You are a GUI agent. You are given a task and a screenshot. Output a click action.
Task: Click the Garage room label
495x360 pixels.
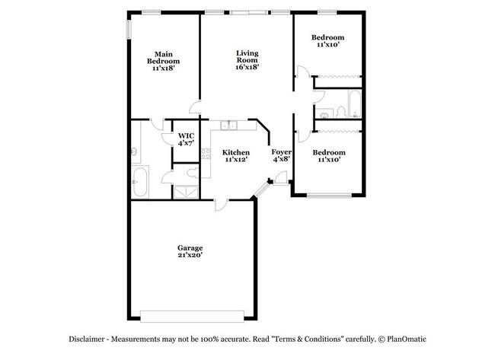[x=190, y=248]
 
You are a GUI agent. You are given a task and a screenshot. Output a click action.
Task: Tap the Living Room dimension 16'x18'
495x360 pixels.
[x=247, y=67]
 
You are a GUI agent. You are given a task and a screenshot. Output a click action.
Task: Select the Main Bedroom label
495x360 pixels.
[x=163, y=58]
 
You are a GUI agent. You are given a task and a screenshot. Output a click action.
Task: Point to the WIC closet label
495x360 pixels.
[x=186, y=135]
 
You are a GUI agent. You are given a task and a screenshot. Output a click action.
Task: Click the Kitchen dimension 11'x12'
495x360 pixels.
[x=236, y=160]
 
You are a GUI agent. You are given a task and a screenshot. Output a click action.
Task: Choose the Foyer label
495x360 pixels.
[x=281, y=152]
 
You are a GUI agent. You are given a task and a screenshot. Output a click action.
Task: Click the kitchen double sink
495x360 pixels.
[x=228, y=126]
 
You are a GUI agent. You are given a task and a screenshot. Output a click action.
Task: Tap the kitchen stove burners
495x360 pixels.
[x=206, y=154]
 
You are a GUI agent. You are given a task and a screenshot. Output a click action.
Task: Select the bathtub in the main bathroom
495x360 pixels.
[x=139, y=182]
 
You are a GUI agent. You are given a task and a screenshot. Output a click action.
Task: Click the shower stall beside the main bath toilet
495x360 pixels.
[x=187, y=192]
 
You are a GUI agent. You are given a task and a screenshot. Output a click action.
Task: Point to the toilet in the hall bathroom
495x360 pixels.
[x=341, y=113]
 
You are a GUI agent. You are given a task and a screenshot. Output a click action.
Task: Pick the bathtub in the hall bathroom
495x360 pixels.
[x=355, y=104]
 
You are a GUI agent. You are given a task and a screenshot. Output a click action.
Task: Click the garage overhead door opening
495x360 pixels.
[x=192, y=317]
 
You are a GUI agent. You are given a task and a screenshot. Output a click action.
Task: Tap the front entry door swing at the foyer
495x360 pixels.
[x=281, y=177]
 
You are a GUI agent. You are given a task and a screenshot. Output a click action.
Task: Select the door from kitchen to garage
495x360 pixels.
[x=222, y=205]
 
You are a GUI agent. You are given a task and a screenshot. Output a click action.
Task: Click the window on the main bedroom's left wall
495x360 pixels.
[x=129, y=30]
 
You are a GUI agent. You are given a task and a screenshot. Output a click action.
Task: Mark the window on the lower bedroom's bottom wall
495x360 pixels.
[x=329, y=196]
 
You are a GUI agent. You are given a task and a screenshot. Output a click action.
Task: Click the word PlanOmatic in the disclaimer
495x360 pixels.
[x=407, y=339]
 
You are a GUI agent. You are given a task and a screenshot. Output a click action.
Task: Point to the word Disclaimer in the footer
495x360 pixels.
[x=87, y=339]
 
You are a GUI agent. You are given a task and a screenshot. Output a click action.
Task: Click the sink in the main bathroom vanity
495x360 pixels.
[x=134, y=152]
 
